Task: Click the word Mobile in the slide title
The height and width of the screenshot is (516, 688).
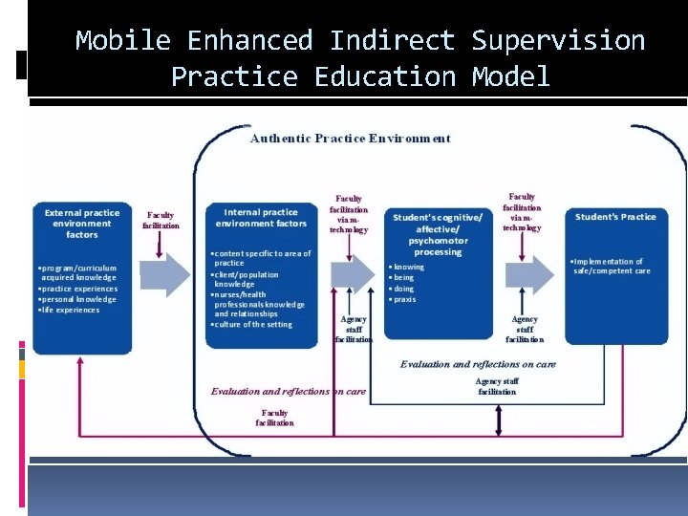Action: click(122, 41)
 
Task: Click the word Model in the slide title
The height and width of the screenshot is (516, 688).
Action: click(511, 76)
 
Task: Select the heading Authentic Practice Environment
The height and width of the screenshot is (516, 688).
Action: click(350, 139)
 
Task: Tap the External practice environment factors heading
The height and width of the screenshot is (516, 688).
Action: click(82, 224)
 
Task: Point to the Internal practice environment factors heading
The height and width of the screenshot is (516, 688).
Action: click(261, 218)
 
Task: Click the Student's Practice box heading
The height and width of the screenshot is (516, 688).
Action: click(615, 217)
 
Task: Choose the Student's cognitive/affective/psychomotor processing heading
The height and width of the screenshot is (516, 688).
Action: click(438, 234)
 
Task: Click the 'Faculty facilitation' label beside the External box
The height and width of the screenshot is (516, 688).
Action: click(161, 221)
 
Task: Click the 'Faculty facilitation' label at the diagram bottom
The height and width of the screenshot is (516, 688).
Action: click(274, 418)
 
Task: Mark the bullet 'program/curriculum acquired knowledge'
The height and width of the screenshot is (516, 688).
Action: click(76, 273)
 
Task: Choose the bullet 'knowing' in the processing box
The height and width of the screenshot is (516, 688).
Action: click(408, 268)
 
